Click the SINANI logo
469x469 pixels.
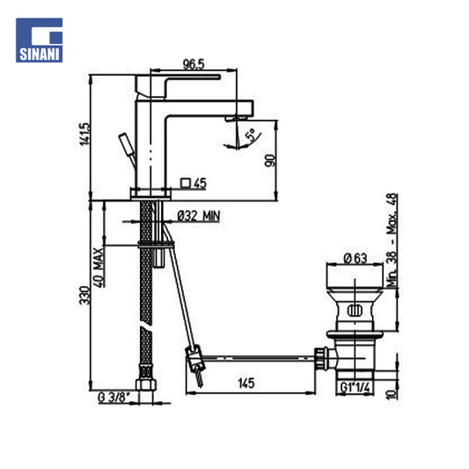[x=40, y=40]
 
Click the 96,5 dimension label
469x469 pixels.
[x=194, y=64]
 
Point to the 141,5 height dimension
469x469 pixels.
[x=84, y=135]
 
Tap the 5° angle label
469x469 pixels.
[x=251, y=135]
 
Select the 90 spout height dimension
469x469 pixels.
[x=269, y=161]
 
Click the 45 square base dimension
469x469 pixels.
[x=194, y=183]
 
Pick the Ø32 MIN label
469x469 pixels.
[x=199, y=216]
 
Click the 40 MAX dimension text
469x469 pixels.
[x=99, y=267]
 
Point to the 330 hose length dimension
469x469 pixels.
[x=84, y=296]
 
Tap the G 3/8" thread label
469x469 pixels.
[x=114, y=398]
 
